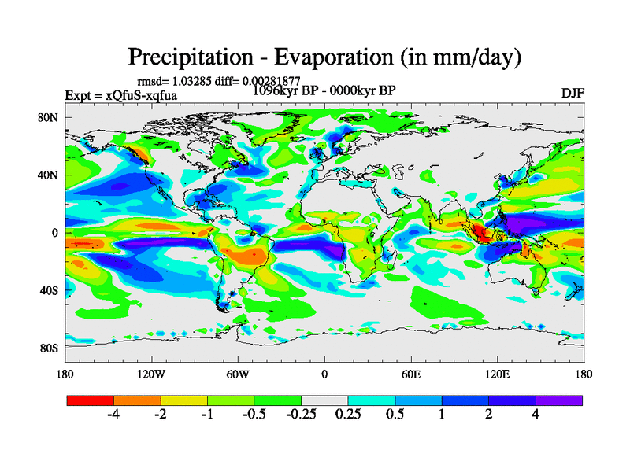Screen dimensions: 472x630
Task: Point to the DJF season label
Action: pos(573,93)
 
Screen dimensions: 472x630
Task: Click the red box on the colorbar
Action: pos(91,400)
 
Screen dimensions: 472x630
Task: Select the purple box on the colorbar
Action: pos(559,400)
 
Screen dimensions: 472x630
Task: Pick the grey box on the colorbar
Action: pos(324,400)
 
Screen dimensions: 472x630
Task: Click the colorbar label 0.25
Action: pos(348,415)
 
